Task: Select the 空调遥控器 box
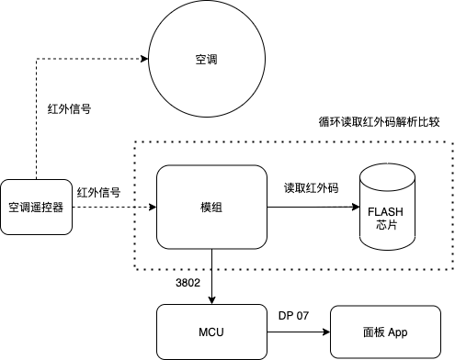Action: (36, 207)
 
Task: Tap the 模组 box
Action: (210, 208)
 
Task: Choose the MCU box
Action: (211, 332)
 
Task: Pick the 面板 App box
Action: (385, 332)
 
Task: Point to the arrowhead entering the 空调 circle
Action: (145, 58)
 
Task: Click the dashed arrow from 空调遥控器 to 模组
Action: (110, 208)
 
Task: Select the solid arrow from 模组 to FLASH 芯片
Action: (313, 208)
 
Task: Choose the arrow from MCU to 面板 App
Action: (299, 332)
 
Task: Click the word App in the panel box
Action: (398, 332)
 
